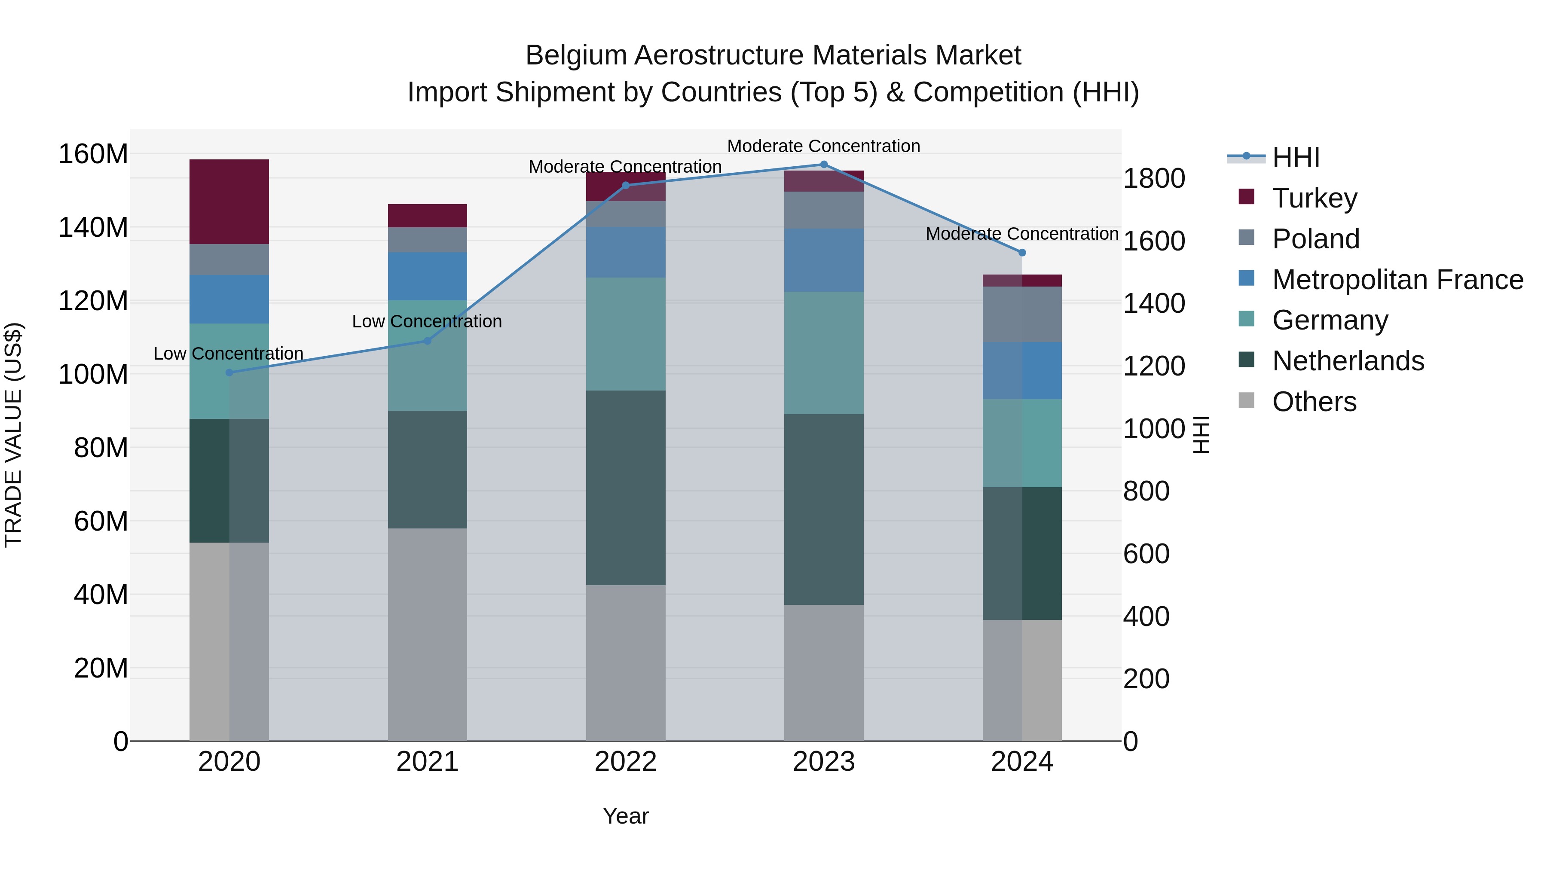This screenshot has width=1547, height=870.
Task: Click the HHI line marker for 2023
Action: coord(823,165)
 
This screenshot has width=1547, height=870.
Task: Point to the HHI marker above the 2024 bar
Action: coord(1022,253)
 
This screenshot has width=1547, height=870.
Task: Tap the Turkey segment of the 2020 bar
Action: coord(229,202)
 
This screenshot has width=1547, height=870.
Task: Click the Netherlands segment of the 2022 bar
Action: coord(625,488)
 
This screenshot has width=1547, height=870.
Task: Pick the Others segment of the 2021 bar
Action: coord(427,634)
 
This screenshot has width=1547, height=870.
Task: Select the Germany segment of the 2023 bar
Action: coord(823,353)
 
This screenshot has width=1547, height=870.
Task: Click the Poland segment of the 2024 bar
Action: coord(1022,314)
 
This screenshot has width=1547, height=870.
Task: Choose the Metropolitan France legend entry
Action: coord(1397,280)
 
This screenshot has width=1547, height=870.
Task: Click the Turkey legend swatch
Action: coord(1246,197)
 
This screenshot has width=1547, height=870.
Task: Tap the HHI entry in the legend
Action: coord(1295,157)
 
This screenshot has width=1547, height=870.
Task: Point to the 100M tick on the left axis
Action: coord(94,374)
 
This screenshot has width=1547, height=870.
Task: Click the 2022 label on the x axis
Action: coord(625,761)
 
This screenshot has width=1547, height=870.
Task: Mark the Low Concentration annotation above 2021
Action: coord(427,321)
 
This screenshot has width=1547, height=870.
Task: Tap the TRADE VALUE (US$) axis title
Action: coord(13,435)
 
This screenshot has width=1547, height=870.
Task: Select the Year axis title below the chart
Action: coord(625,816)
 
